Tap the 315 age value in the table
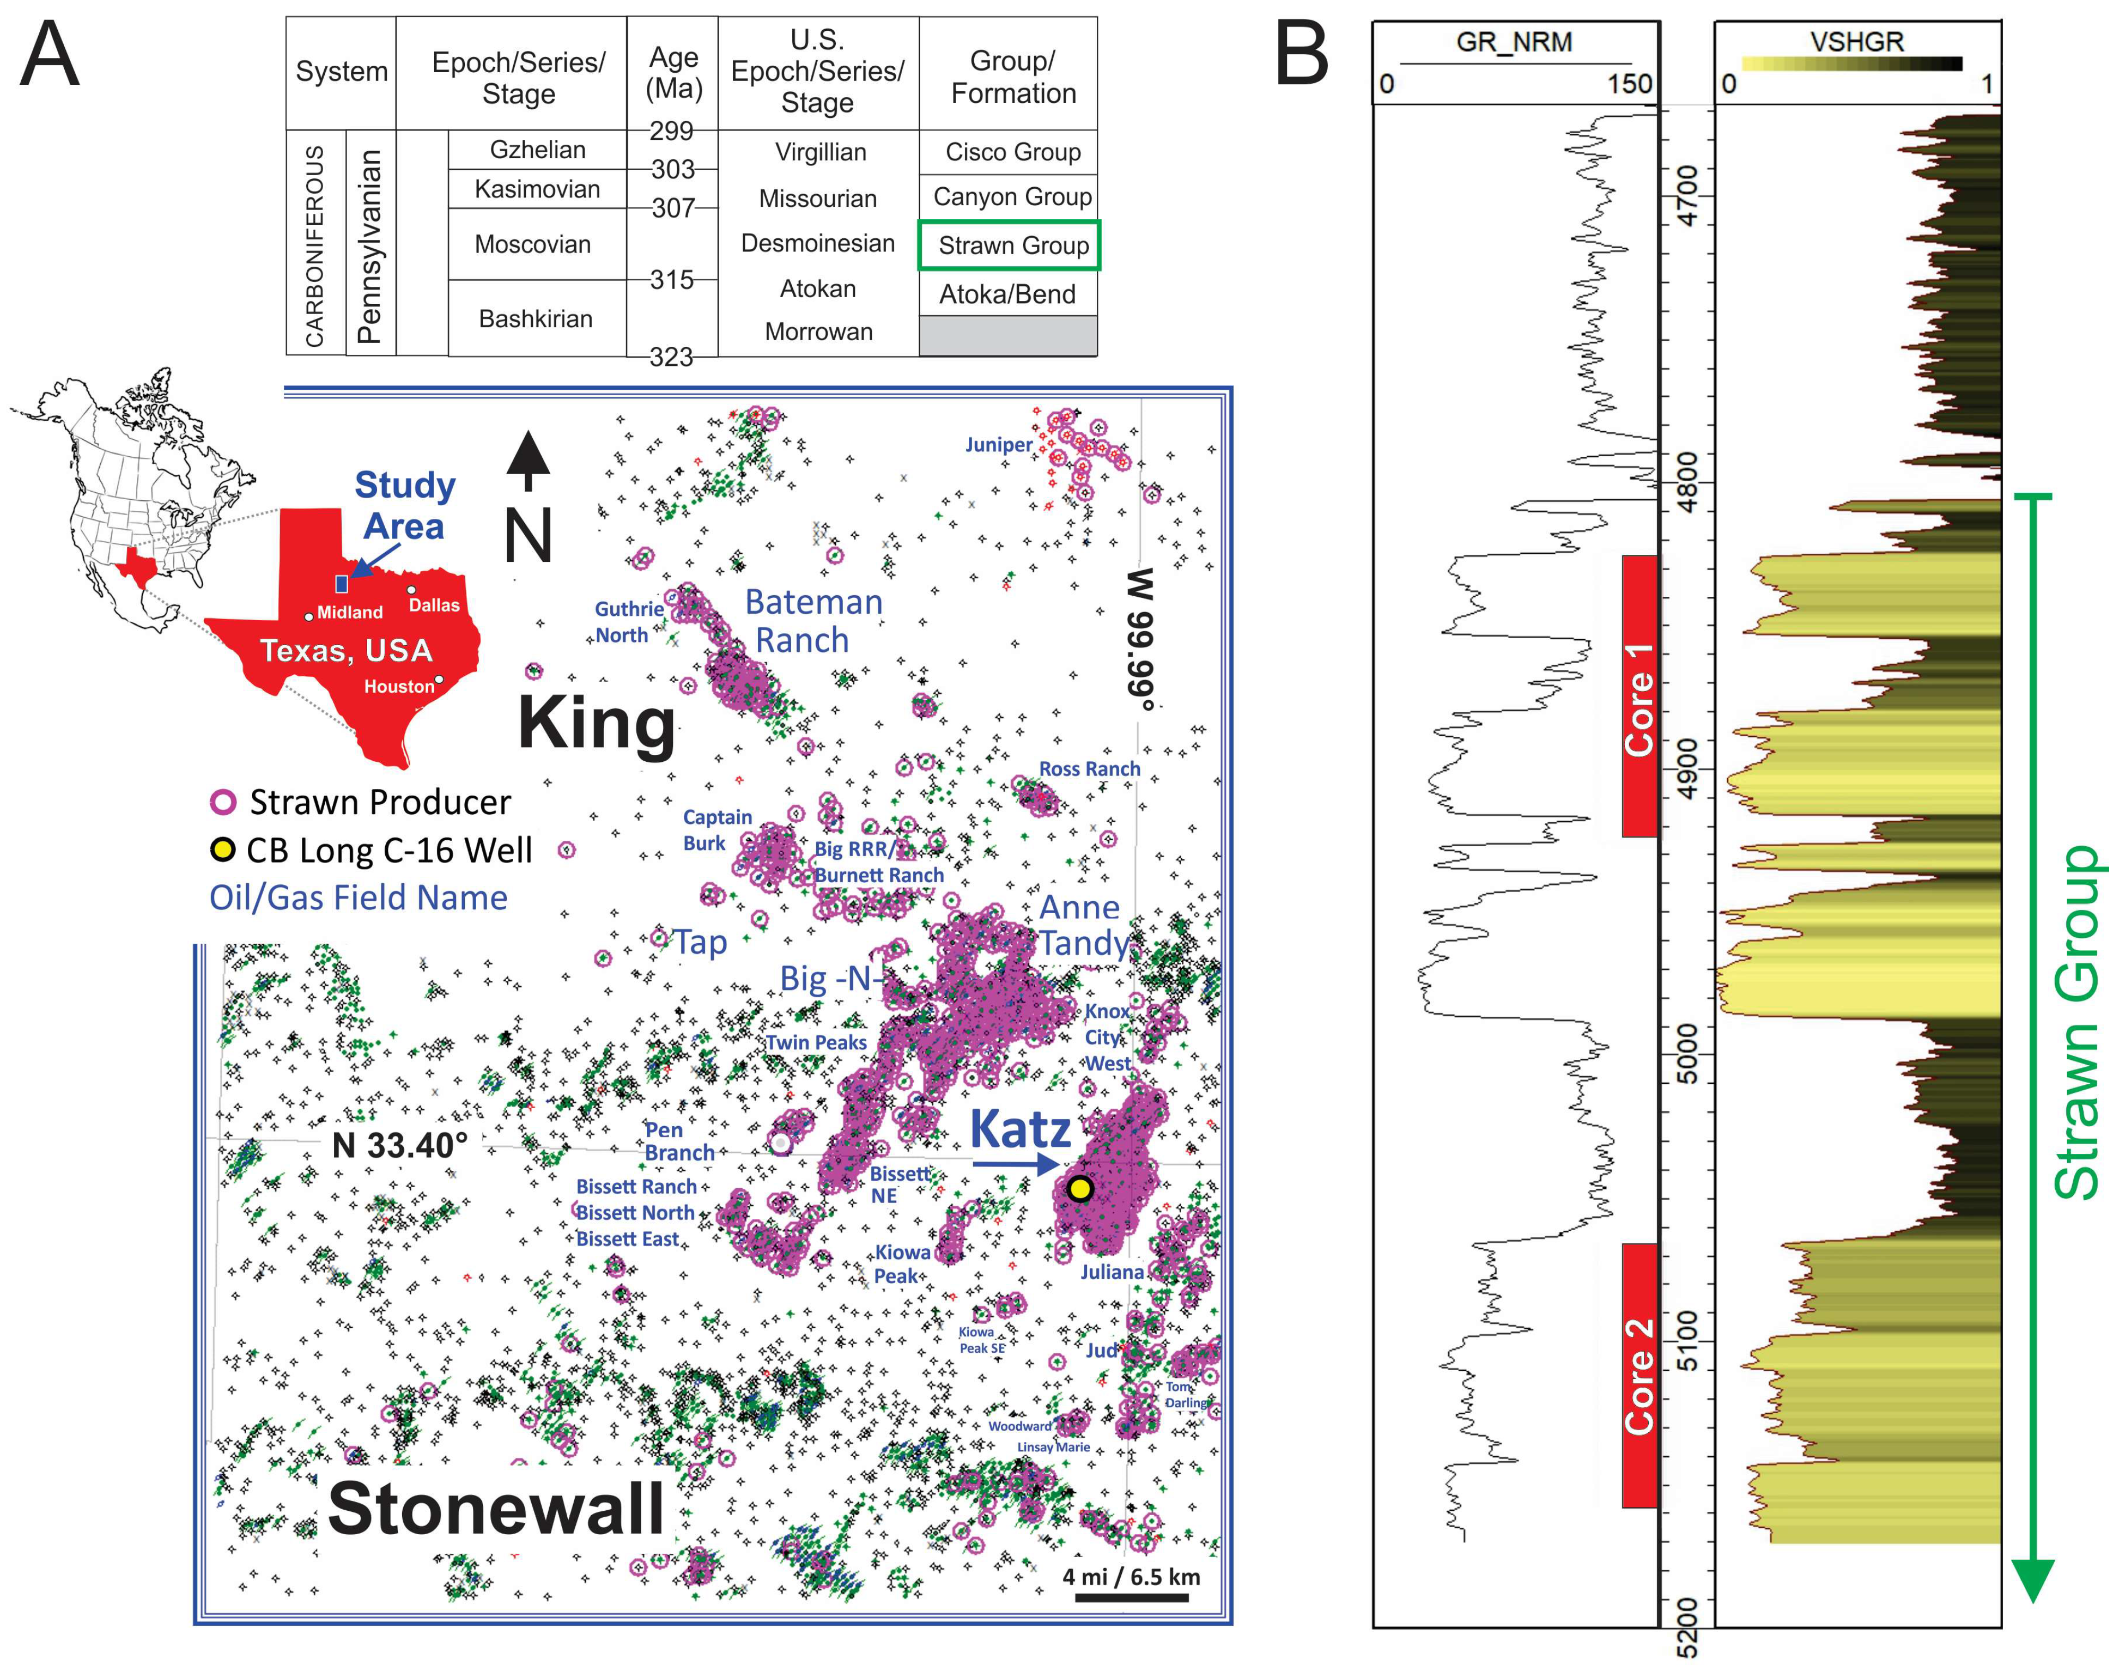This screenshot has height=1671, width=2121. [672, 280]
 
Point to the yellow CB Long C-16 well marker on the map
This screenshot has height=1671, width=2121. [1079, 1189]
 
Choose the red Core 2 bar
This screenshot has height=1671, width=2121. [1640, 1374]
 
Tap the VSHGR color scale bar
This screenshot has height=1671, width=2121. [1852, 65]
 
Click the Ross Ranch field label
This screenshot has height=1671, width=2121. [1089, 769]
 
